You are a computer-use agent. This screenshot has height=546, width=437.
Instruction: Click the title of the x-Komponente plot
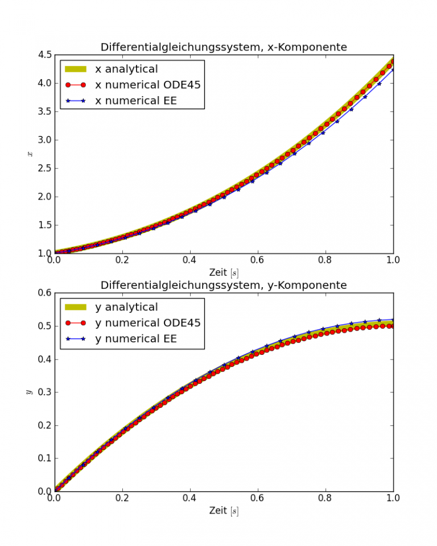(224, 47)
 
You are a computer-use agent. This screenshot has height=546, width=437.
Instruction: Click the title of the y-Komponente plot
(224, 285)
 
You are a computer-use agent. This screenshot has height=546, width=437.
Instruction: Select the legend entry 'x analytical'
(126, 69)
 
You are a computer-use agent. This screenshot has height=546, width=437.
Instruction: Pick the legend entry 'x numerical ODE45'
(147, 85)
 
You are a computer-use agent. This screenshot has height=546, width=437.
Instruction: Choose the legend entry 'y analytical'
(126, 307)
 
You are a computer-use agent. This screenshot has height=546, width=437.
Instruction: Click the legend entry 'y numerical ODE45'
(147, 323)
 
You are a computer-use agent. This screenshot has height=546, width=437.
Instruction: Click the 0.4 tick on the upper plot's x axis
(189, 259)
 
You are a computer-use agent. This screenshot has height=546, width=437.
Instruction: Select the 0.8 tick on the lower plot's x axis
(325, 497)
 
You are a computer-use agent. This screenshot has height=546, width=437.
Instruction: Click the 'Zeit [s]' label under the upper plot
(224, 272)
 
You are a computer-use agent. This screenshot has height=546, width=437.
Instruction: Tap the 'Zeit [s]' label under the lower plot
(224, 510)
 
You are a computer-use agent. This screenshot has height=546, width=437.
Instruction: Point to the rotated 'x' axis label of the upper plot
(30, 154)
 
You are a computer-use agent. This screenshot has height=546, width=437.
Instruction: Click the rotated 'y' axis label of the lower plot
(28, 392)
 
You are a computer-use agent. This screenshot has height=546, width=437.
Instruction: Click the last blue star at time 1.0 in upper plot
(393, 70)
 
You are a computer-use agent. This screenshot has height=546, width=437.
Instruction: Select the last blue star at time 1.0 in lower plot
(393, 320)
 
